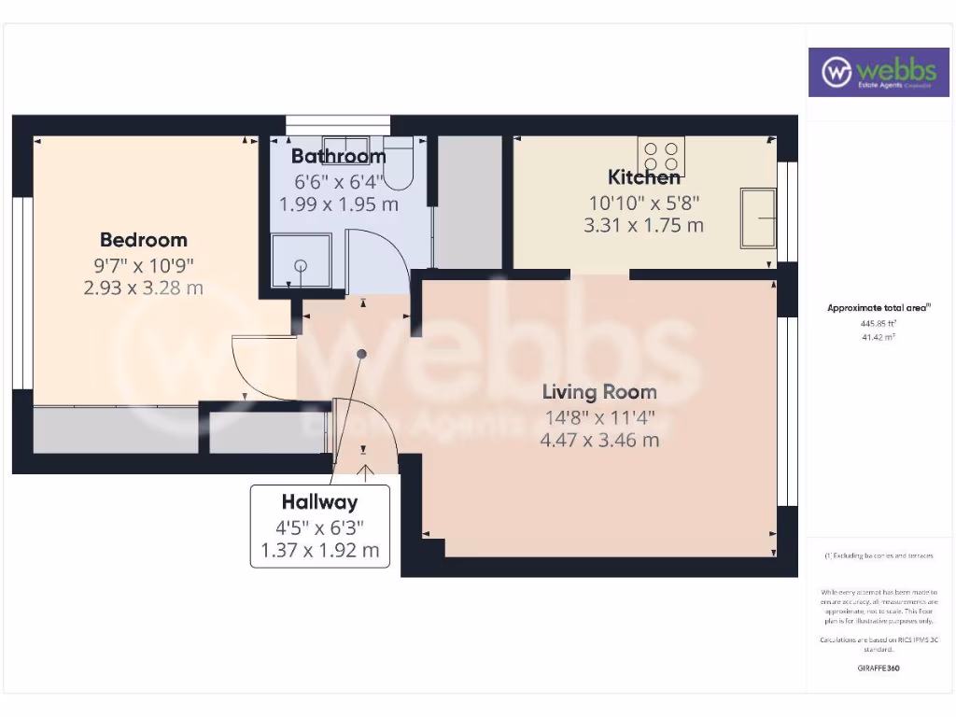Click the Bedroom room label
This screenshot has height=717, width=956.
(x=144, y=240)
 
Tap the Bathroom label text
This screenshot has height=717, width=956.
(x=338, y=156)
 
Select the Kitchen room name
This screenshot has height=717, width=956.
(x=644, y=176)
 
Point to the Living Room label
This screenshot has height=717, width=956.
(x=600, y=392)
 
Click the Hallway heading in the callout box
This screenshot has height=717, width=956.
(x=319, y=502)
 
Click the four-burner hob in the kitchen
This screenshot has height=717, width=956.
(x=661, y=156)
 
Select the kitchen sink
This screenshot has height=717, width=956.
(x=758, y=218)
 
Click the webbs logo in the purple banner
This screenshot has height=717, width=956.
(x=871, y=72)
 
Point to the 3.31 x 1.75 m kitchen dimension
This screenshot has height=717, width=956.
(x=643, y=225)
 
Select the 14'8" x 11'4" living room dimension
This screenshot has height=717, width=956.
(x=600, y=416)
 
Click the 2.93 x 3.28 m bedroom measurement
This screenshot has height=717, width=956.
(x=143, y=288)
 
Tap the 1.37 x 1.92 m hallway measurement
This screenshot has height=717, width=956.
(x=319, y=551)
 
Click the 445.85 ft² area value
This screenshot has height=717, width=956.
(x=878, y=323)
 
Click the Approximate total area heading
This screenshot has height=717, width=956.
(x=879, y=307)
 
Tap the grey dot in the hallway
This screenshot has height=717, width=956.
(x=361, y=354)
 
